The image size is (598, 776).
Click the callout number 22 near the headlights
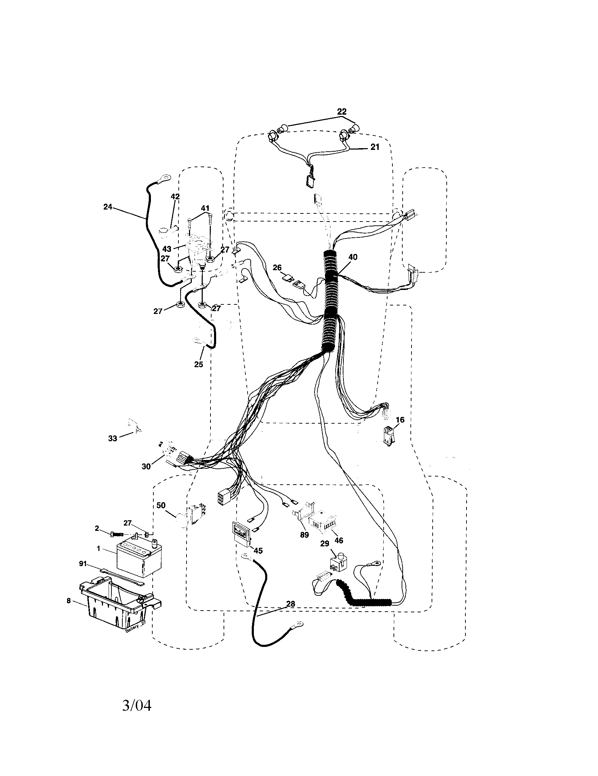click(341, 111)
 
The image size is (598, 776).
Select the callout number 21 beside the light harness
click(375, 147)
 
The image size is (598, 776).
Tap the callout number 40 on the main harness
click(353, 257)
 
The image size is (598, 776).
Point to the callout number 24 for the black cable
click(108, 206)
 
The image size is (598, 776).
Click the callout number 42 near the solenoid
click(175, 196)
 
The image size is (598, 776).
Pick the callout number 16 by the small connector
click(400, 420)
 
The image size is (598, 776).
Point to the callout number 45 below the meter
click(258, 551)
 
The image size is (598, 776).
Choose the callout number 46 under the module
click(339, 540)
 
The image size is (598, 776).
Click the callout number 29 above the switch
click(325, 544)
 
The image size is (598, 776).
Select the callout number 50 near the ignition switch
click(161, 505)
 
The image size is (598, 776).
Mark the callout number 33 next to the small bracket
click(112, 438)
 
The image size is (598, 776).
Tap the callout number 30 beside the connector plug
click(146, 467)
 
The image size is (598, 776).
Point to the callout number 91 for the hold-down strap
click(83, 564)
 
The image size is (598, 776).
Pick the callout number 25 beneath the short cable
click(199, 364)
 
